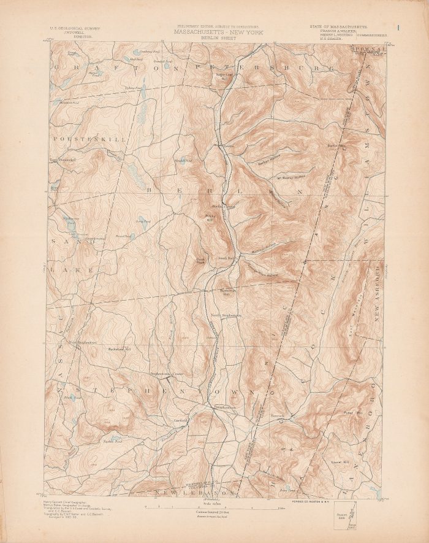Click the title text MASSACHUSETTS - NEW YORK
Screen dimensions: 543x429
point(218,31)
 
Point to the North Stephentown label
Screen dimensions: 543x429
point(226,316)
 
